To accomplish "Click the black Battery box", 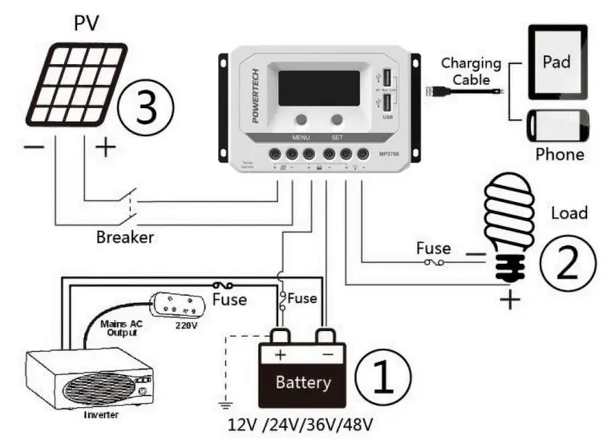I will click(301, 375).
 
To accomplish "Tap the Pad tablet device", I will click(557, 62).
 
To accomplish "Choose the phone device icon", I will click(557, 127).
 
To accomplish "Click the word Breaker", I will click(124, 237).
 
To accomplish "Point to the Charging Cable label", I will click(471, 71).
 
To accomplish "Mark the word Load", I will click(569, 213).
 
